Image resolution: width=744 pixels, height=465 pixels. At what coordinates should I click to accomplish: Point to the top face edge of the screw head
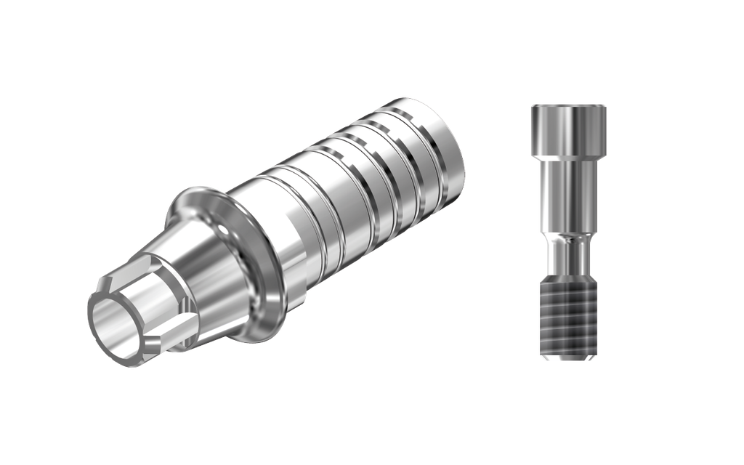click(x=568, y=106)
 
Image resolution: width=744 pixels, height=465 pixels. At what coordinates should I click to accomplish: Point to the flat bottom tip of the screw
click(x=568, y=357)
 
